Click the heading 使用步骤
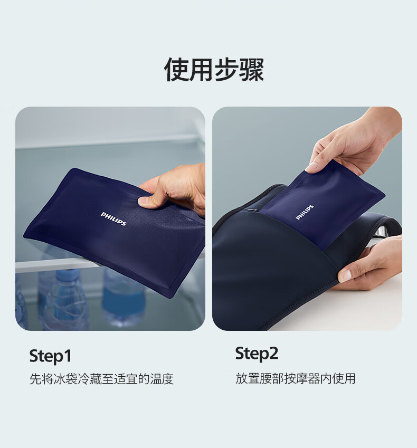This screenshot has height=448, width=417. click(x=214, y=70)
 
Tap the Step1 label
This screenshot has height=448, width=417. click(x=50, y=356)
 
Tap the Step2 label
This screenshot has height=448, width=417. click(x=257, y=354)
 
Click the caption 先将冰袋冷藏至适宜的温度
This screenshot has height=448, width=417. click(x=101, y=379)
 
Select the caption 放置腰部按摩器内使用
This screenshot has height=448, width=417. click(x=295, y=378)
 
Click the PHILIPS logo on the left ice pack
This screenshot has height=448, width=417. click(x=113, y=218)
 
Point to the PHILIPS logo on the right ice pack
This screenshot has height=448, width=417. click(x=305, y=212)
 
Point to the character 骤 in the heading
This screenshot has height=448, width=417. click(x=251, y=70)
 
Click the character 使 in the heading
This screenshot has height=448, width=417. click(x=176, y=70)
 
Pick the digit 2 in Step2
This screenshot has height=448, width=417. click(x=273, y=353)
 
